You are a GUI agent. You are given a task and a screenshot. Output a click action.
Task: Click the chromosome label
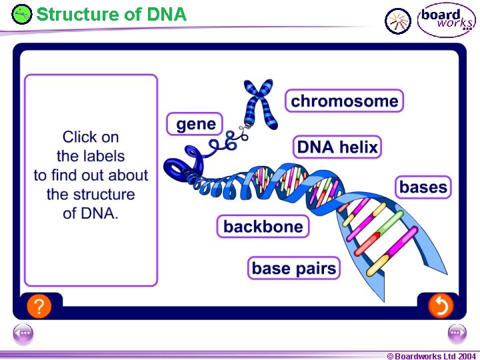coord(345,101)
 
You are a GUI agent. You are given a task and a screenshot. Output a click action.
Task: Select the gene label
coord(195,124)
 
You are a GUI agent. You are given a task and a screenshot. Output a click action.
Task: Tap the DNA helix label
coord(337,147)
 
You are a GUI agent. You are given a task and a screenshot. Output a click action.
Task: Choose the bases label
coord(423,187)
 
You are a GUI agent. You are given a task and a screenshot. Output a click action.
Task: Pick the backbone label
coord(263,227)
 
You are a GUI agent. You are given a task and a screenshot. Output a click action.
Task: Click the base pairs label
coord(294,268)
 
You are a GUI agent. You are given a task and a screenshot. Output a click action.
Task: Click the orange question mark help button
coord(39,306)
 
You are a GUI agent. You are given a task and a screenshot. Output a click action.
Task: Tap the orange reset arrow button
coord(440,306)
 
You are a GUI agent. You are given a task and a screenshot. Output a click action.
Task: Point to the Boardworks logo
coord(446,20)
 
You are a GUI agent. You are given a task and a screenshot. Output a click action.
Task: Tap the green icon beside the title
coord(22,13)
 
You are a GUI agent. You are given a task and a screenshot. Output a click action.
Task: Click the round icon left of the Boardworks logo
coord(399,21)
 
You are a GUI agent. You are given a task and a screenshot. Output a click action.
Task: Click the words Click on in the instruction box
coord(91,137)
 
